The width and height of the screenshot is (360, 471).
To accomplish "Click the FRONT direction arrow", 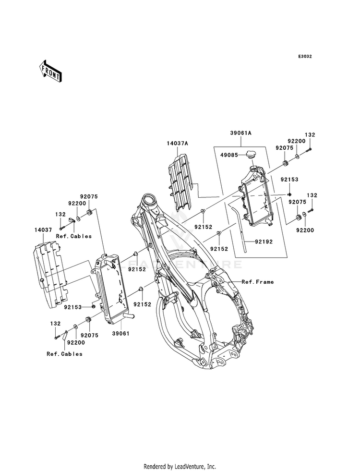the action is [x=50, y=71].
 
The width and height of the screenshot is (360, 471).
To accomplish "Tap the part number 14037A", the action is [x=178, y=144].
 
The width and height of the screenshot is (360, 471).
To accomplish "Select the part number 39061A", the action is [x=241, y=133].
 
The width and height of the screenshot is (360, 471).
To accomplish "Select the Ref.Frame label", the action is [x=258, y=282].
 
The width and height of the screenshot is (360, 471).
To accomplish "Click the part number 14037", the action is [x=43, y=230].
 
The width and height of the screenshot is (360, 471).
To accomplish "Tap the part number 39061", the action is [x=120, y=333].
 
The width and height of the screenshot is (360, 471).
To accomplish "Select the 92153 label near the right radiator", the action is [x=289, y=180].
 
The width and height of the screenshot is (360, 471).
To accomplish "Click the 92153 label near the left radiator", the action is [x=72, y=307].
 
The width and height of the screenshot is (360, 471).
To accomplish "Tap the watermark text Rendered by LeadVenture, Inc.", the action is [x=180, y=466].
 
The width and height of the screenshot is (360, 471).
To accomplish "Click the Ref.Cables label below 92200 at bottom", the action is [x=64, y=354].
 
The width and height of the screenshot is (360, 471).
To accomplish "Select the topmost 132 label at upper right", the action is [x=310, y=135].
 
